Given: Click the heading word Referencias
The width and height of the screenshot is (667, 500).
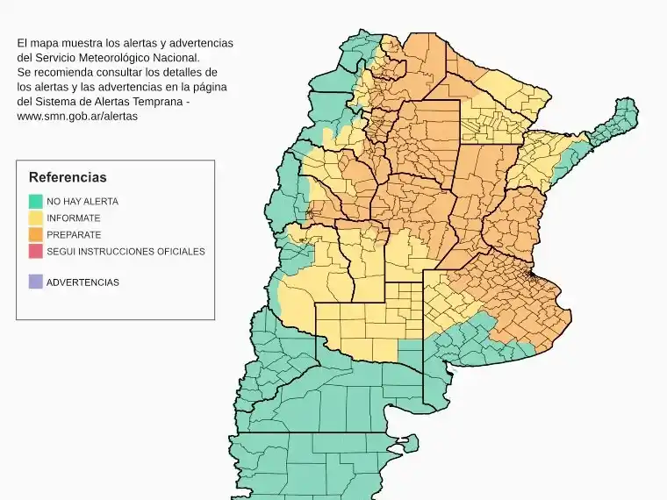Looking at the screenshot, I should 68,177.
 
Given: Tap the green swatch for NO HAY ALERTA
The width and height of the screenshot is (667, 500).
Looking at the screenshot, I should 35,201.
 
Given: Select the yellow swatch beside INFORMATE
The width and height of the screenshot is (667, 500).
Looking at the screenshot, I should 35,218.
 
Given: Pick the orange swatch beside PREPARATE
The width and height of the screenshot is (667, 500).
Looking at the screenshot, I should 35,234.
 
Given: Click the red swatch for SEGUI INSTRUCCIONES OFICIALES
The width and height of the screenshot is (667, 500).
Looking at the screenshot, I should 35,252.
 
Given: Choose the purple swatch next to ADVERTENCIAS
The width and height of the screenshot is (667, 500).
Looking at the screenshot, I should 35,282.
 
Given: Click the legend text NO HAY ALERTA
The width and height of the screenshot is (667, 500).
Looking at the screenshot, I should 82,201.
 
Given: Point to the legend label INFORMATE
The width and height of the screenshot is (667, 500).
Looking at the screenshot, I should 74,218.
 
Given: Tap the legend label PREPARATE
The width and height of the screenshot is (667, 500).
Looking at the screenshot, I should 74,235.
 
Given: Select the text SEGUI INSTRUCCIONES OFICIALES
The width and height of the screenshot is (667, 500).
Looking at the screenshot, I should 126,252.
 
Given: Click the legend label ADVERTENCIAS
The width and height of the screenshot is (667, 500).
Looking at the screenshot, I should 82,282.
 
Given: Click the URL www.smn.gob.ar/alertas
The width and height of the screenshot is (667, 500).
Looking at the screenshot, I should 77,116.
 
